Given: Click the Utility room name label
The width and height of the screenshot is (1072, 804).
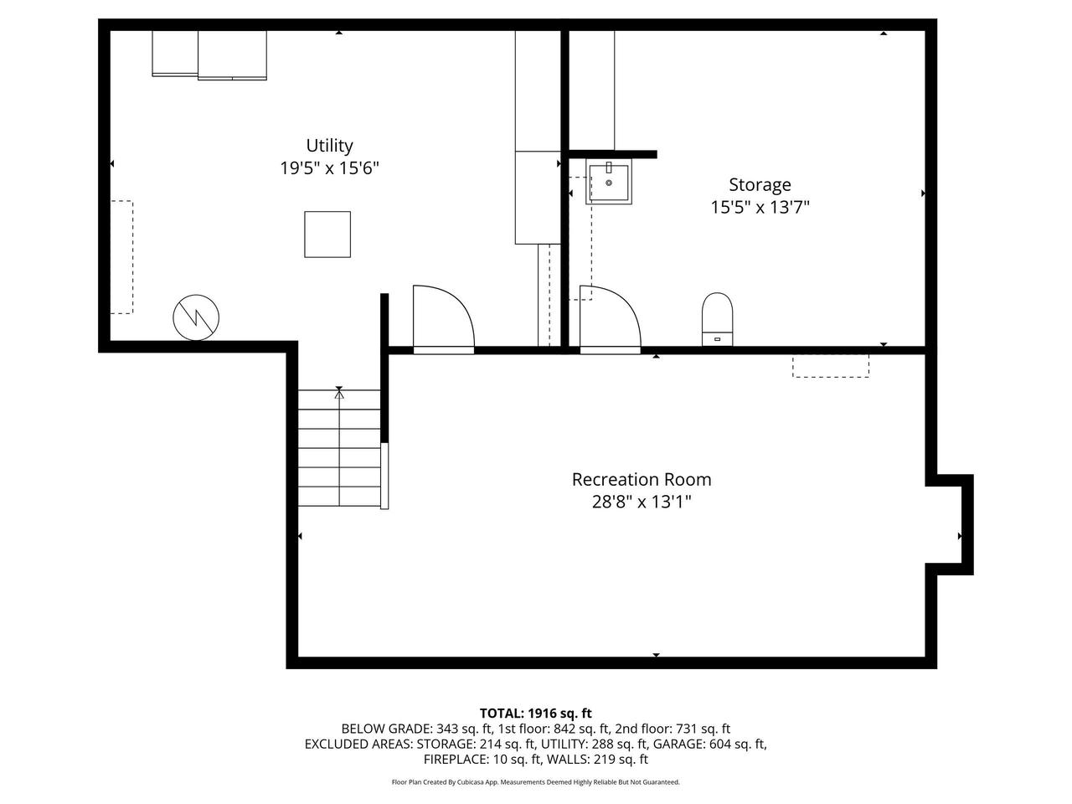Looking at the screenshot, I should point(329,146).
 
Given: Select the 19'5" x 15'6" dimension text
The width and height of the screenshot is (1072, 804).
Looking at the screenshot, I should point(329,168).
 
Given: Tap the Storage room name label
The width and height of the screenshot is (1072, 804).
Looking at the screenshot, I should point(760,184).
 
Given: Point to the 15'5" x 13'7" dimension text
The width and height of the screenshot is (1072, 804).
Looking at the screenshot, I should point(760,207).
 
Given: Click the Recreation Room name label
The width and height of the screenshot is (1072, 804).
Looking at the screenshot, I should point(642,479).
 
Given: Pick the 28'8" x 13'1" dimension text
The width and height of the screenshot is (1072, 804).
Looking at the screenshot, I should point(642,502).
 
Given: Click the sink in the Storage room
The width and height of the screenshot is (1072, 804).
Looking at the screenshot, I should point(609,183).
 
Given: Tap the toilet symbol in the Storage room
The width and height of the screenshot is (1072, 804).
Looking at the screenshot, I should point(717,319).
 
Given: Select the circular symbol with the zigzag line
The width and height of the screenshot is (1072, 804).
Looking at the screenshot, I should point(196,317).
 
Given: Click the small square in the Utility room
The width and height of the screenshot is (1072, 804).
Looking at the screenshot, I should point(327,234).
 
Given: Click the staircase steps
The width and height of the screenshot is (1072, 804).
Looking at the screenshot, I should point(339,448).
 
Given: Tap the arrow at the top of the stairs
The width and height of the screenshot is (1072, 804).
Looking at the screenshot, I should point(339,392).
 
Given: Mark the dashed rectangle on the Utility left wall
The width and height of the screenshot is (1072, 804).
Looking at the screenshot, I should point(121,257).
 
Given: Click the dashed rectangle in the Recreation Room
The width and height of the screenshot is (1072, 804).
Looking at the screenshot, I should point(831,365).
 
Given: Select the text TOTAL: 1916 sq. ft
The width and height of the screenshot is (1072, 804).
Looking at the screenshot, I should point(536,714).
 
